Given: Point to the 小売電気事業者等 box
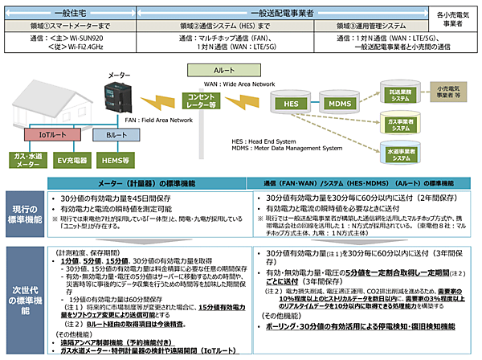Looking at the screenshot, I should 455,90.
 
